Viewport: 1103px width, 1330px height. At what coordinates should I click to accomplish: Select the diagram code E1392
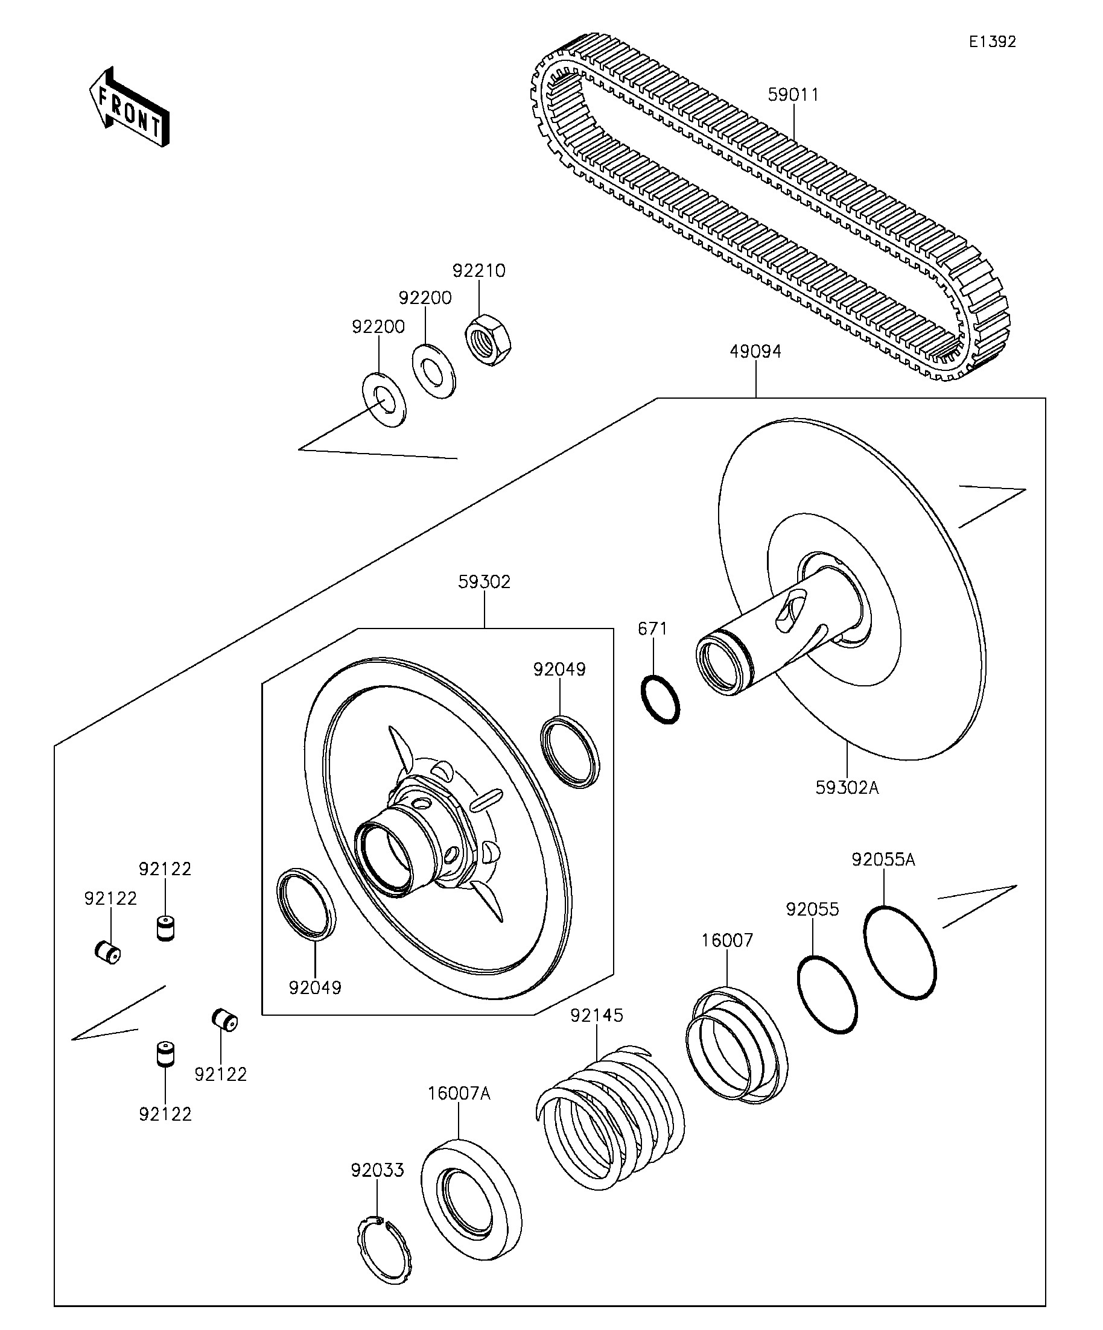pos(992,42)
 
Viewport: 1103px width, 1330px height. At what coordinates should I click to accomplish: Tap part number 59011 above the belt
pos(793,94)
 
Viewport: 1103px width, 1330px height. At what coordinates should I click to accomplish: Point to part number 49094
pos(755,352)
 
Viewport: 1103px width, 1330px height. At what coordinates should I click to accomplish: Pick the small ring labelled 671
pos(661,699)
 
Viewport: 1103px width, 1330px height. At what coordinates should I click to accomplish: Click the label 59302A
pos(847,788)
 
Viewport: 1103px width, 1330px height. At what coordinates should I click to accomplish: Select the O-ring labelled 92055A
pos(900,952)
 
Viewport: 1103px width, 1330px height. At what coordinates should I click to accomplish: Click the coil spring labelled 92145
pos(611,1116)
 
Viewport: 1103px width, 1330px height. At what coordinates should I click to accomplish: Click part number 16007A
pos(459,1094)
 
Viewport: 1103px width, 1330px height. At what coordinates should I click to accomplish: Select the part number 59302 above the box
pos(484,582)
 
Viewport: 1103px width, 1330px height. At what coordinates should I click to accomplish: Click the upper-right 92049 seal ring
pos(570,751)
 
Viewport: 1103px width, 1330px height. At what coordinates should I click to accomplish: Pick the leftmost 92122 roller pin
pos(107,952)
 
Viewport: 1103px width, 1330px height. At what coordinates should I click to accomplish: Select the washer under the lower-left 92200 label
pos(384,401)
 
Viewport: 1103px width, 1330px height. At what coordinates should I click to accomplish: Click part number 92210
pos(479,271)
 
